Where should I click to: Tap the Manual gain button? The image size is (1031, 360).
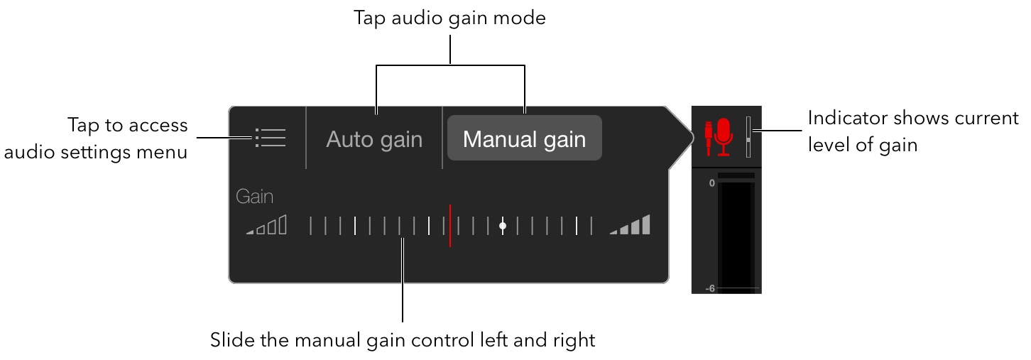click(524, 138)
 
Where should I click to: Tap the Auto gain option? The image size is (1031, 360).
click(374, 139)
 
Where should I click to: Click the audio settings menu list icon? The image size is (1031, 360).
click(270, 138)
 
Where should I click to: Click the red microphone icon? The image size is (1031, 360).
click(722, 136)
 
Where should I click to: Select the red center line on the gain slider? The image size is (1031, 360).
click(449, 226)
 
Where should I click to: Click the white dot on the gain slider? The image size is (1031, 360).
click(503, 226)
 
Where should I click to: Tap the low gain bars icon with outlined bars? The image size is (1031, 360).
click(267, 225)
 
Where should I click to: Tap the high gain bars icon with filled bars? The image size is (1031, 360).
click(630, 225)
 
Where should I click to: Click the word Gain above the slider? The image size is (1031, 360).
click(254, 197)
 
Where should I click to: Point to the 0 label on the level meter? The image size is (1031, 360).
click(711, 183)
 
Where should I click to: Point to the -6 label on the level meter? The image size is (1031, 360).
click(710, 288)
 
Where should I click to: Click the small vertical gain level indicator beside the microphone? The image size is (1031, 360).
click(748, 136)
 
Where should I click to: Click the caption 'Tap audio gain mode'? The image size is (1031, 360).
click(450, 18)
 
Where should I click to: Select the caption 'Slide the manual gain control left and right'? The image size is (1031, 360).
click(402, 340)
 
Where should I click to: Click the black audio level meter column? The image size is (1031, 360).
click(736, 234)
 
